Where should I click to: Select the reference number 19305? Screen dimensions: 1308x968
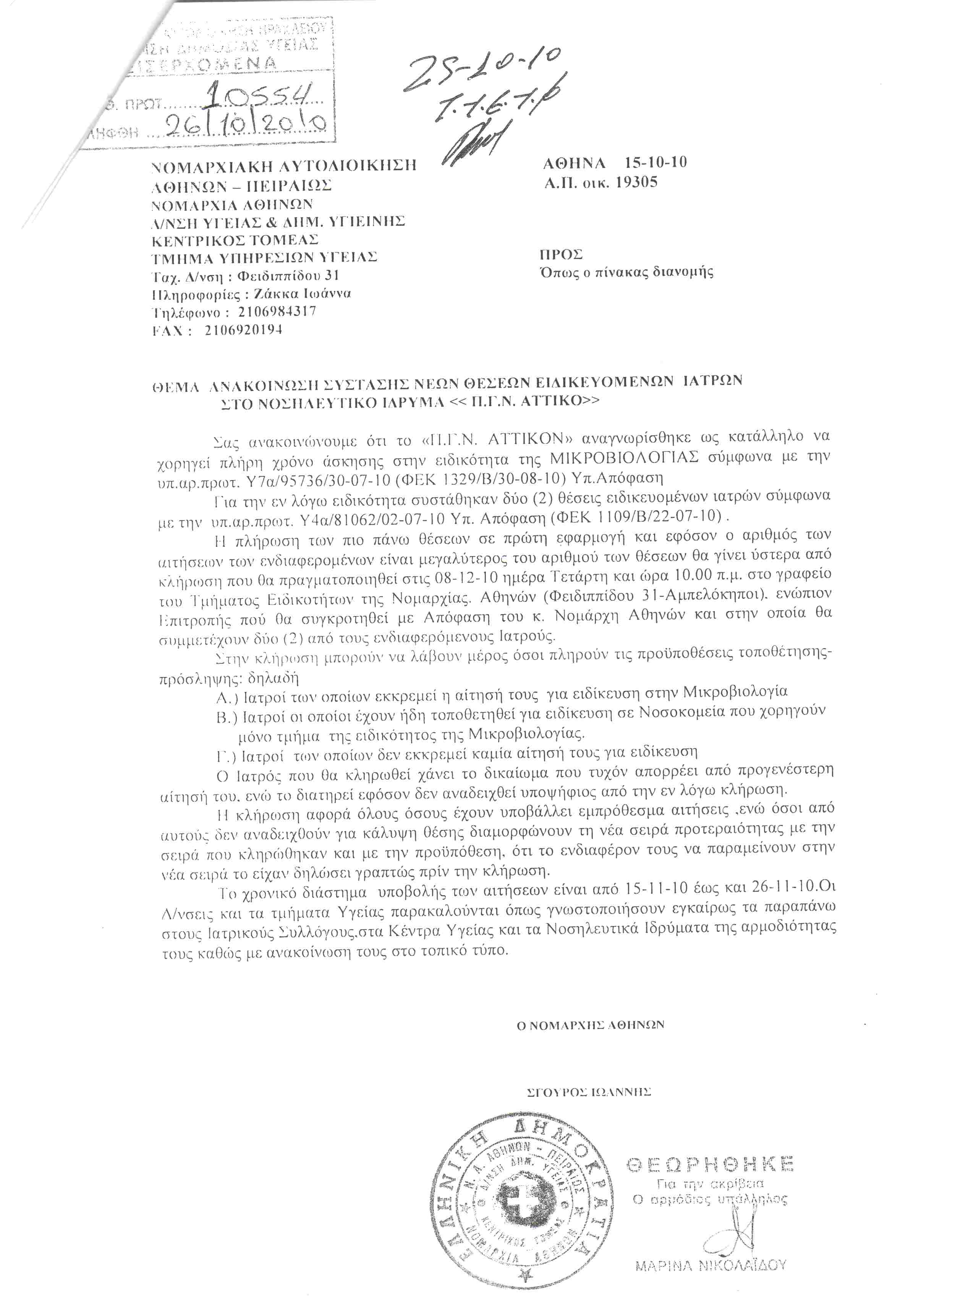[x=636, y=182]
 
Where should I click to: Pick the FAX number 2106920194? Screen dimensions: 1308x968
[x=244, y=330]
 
